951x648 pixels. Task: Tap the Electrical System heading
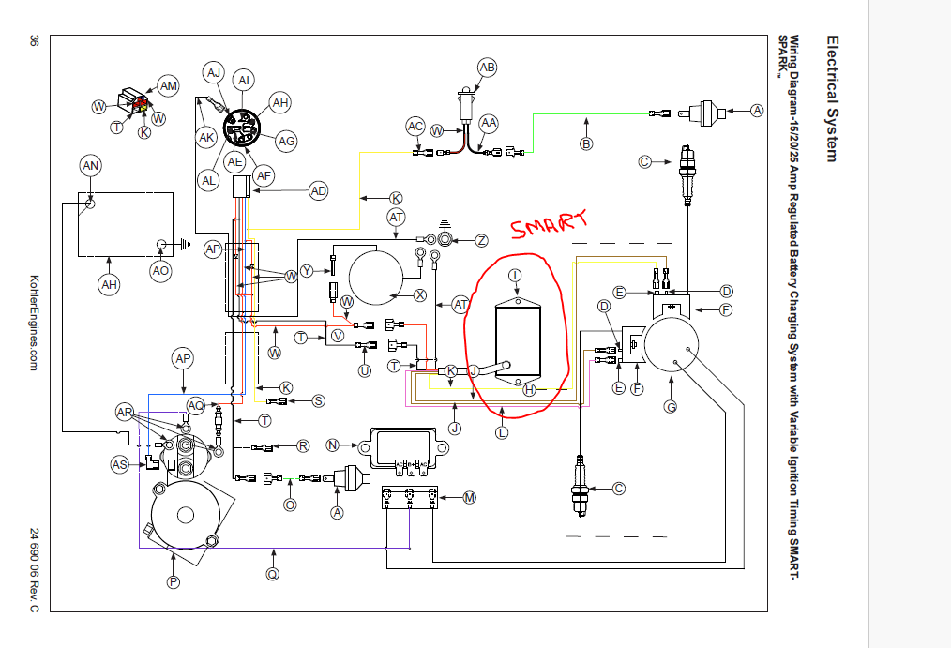click(831, 98)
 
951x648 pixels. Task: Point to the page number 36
click(35, 41)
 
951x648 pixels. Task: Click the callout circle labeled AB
click(487, 68)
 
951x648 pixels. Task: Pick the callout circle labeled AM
click(168, 86)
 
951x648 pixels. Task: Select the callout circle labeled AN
click(91, 166)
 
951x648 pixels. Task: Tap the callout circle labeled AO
click(161, 270)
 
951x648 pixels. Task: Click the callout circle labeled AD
click(320, 191)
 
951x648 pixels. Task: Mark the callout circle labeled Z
click(481, 241)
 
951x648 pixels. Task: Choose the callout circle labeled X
click(420, 294)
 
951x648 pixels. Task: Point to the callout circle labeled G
click(671, 406)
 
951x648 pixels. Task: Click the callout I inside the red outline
click(514, 275)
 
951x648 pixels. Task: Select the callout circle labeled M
click(470, 497)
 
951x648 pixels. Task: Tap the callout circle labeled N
click(332, 445)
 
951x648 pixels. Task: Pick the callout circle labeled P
click(173, 582)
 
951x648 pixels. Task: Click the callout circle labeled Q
click(273, 573)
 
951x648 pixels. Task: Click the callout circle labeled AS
click(119, 464)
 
